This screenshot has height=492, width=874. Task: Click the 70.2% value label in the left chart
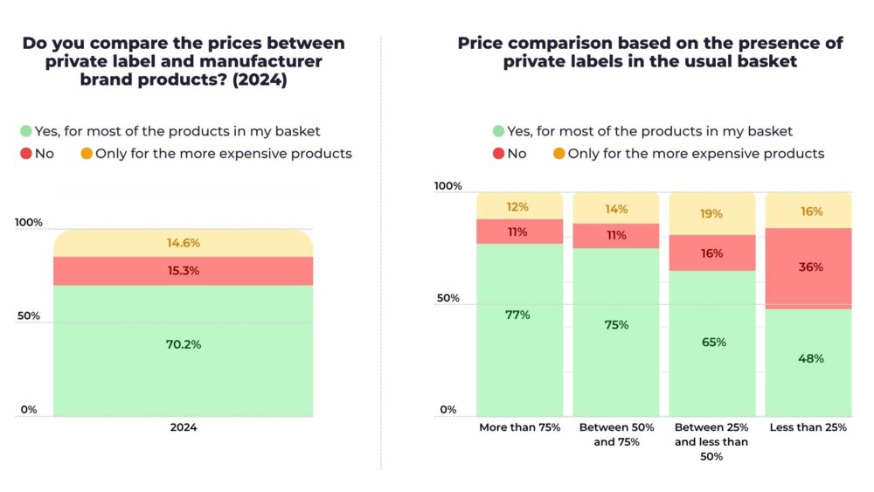coord(184,344)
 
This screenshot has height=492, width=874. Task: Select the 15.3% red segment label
coord(184,271)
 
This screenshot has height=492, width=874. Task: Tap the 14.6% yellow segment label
coord(184,243)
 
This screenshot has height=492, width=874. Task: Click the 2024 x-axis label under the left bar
coord(184,428)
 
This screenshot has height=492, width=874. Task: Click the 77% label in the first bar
coord(517,315)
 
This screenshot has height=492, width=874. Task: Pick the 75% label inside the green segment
coord(615,324)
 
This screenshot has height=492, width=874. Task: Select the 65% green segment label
coord(713,343)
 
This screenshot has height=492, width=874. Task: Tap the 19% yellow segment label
coord(713,211)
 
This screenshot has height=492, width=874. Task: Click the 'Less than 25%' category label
coord(808,428)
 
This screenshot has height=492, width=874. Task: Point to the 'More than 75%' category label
coord(519,428)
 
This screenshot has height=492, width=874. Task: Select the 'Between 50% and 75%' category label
coord(616,435)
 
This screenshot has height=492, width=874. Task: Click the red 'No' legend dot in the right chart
coord(498,154)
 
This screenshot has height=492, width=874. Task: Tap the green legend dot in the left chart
coord(26,132)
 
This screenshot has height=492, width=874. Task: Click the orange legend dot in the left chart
coord(87,154)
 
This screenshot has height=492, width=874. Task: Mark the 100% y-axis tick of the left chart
coord(29,223)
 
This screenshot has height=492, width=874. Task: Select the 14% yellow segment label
coord(615,210)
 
